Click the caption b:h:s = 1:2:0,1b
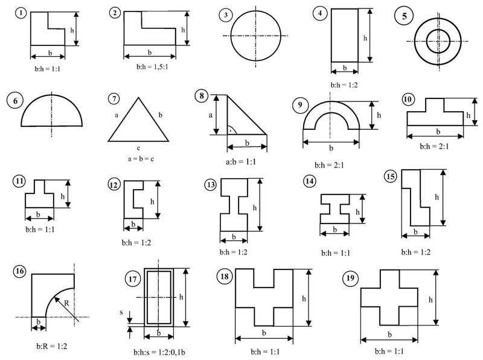click(159, 351)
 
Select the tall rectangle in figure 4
click(345, 35)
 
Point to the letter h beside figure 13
click(255, 207)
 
